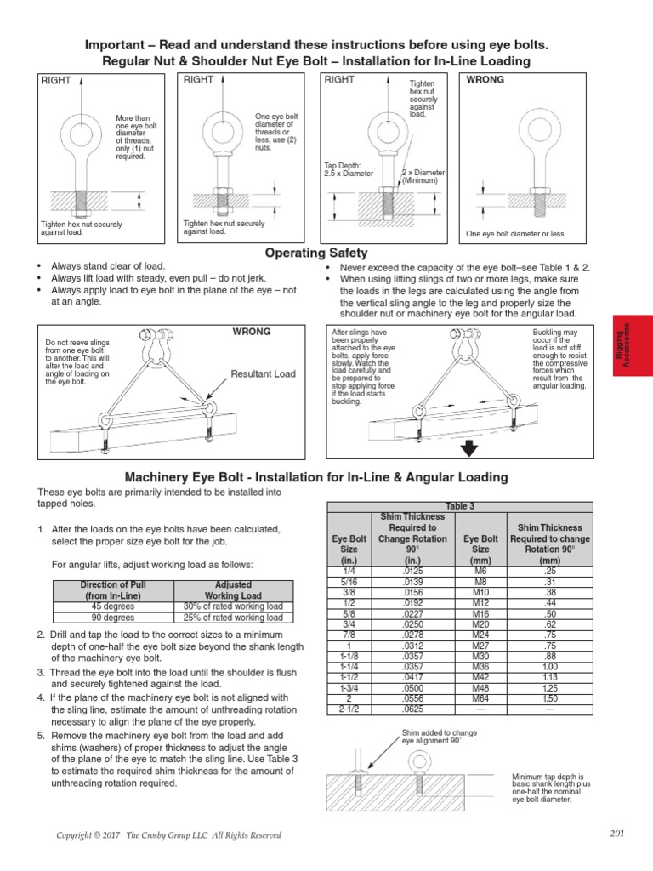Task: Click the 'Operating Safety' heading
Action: [316, 253]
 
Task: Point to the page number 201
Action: [617, 833]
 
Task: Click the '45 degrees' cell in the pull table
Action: [113, 606]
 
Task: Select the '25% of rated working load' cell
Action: [233, 618]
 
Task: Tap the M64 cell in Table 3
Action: [480, 698]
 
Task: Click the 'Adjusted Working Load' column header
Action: [233, 590]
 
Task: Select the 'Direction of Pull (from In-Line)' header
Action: [113, 590]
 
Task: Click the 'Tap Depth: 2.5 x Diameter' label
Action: [349, 169]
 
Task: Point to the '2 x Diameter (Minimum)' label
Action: [423, 176]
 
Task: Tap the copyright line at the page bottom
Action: [168, 835]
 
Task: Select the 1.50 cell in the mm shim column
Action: [550, 698]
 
